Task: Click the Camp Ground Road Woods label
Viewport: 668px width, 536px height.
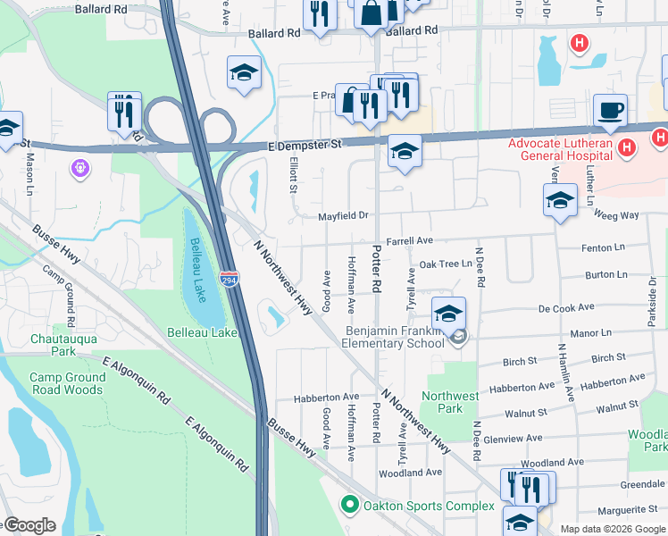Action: coord(67,383)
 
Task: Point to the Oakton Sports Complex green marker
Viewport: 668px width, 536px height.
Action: coord(350,506)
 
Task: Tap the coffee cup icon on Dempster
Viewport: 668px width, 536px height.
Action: coord(611,110)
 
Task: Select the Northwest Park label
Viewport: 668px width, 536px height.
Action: coord(450,402)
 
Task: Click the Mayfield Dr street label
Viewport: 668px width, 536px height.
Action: coord(344,215)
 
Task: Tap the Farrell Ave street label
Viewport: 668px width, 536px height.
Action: coord(409,240)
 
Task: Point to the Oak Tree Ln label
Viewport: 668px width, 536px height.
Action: coord(446,264)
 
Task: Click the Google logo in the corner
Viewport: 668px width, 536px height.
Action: coord(29,525)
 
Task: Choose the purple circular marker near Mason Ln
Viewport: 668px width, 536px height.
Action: coord(81,166)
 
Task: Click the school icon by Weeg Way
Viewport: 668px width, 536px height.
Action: coord(560,200)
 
